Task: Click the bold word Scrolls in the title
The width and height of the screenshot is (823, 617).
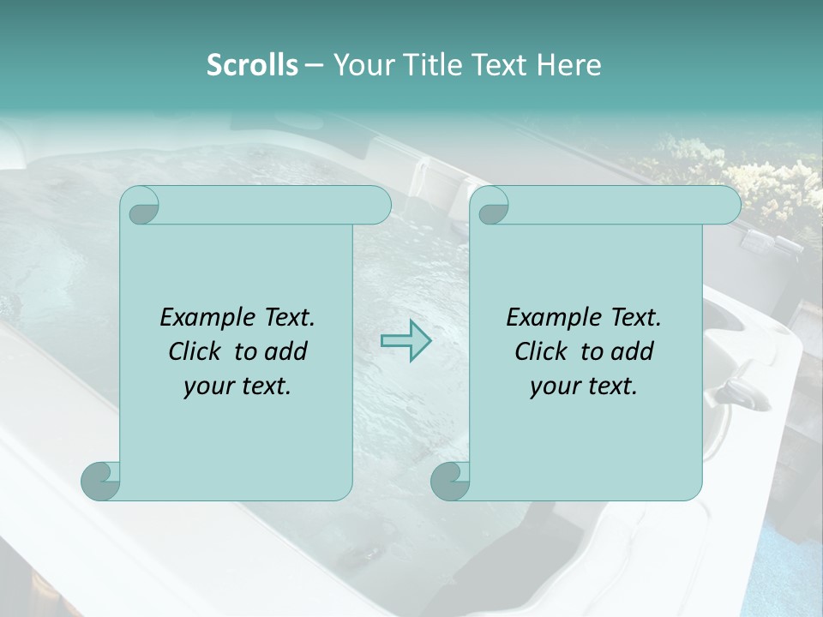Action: coord(253,65)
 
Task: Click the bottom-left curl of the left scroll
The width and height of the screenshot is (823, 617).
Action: coord(101,481)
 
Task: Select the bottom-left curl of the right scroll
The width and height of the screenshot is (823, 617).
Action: coord(450,481)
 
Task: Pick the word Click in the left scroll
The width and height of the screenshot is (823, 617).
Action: coord(187,351)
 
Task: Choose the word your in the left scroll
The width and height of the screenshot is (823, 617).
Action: coord(208,386)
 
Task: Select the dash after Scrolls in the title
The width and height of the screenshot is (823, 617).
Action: coord(314,65)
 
